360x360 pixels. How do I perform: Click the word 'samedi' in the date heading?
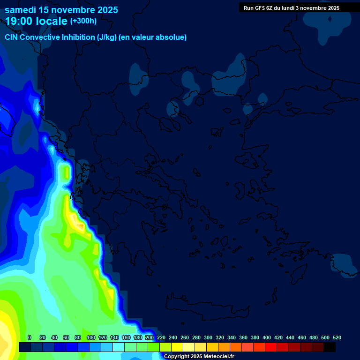click(21, 10)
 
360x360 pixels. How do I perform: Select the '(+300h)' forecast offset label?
click(83, 21)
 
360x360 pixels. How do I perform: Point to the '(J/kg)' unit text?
click(106, 37)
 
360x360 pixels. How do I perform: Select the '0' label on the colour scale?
click(30, 337)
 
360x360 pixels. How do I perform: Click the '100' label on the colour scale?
click(90, 337)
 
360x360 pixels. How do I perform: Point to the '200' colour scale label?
click(149, 337)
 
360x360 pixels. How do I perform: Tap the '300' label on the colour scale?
click(208, 337)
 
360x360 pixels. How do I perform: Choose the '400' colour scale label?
click(266, 337)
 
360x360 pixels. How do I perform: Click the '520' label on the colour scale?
click(337, 337)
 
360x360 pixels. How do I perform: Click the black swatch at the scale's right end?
click(330, 347)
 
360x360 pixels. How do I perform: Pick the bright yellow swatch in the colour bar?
click(177, 347)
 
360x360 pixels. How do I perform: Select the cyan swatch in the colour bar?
click(119, 347)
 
